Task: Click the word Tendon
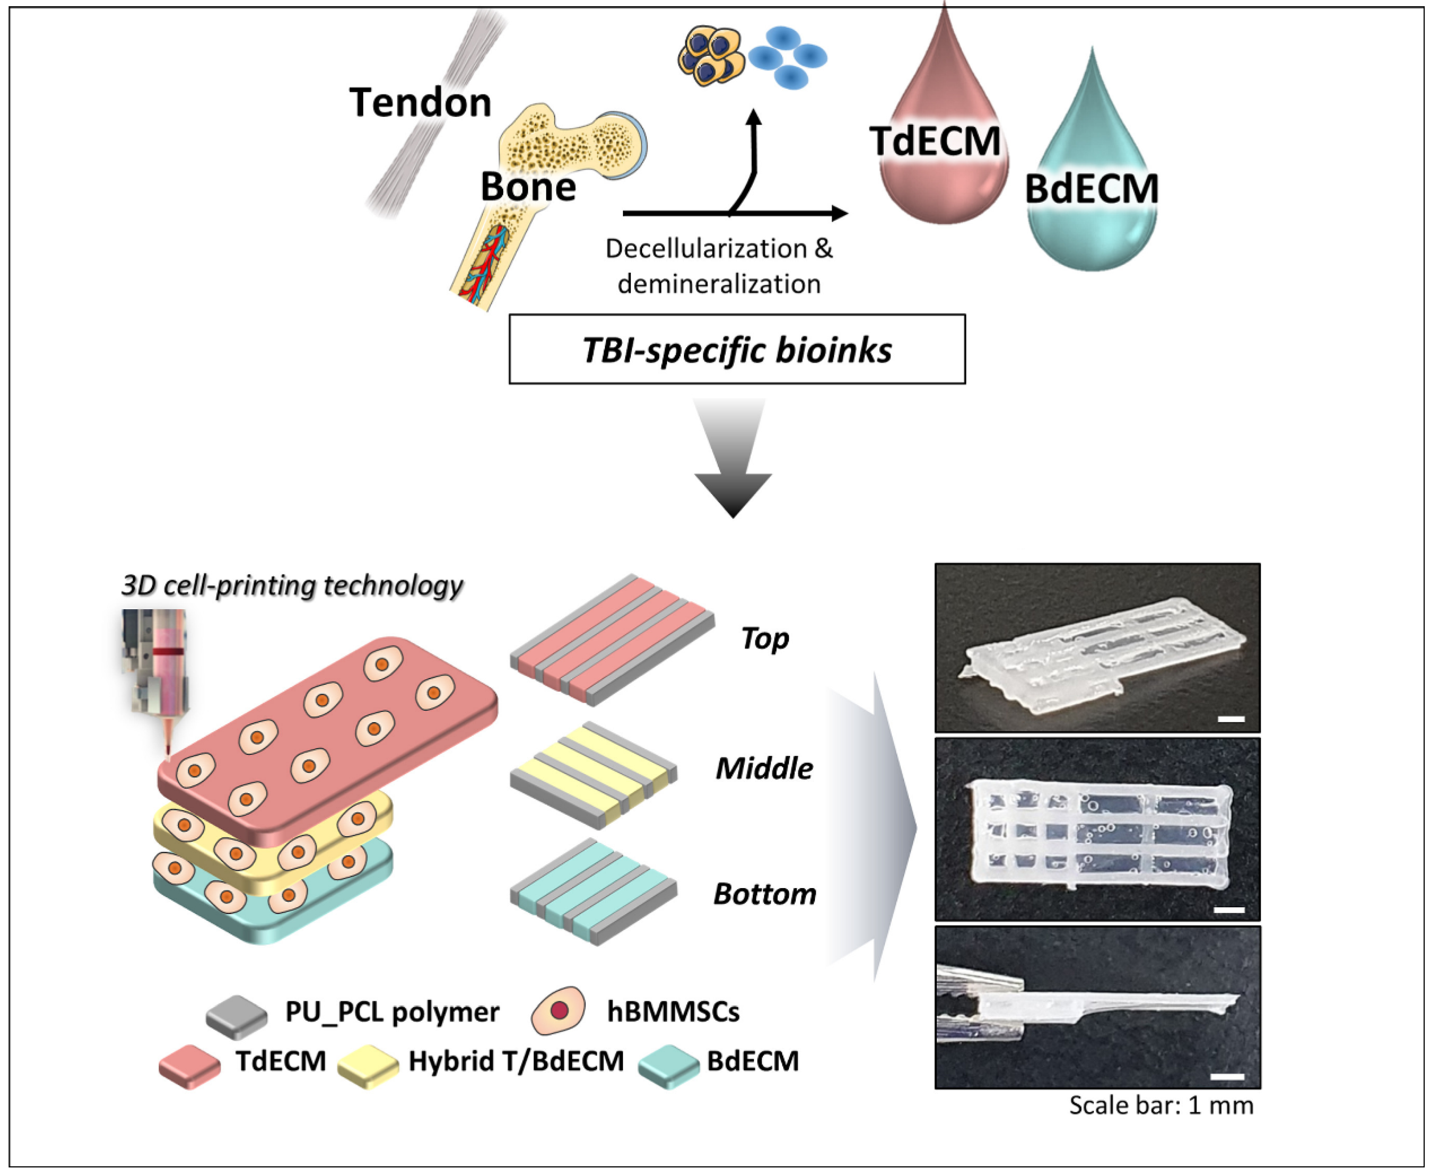click(420, 103)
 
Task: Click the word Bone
click(528, 186)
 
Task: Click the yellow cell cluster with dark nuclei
click(710, 55)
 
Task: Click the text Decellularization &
click(718, 249)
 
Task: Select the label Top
click(764, 639)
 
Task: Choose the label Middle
click(764, 769)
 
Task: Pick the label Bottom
click(764, 894)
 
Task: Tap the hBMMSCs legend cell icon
click(558, 1010)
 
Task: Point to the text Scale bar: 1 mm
click(1161, 1105)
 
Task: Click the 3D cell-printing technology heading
click(292, 586)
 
